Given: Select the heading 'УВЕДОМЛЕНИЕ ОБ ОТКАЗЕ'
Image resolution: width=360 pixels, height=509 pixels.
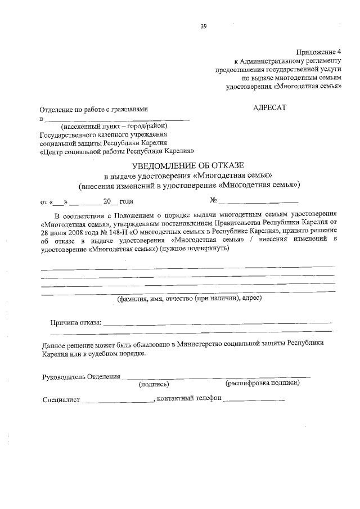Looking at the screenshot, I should click(x=188, y=165).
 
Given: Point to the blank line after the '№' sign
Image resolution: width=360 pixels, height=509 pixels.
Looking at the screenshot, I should click(x=259, y=201).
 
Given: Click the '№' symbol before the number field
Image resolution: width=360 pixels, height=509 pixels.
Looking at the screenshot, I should click(x=213, y=200).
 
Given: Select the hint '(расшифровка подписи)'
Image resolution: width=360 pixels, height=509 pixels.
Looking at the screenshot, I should click(x=262, y=383).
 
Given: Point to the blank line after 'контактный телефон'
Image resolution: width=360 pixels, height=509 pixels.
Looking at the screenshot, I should click(x=254, y=400).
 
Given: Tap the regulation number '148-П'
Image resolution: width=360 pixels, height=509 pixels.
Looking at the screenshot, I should click(x=124, y=231).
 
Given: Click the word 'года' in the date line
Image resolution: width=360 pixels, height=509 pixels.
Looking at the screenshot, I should click(x=126, y=201).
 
